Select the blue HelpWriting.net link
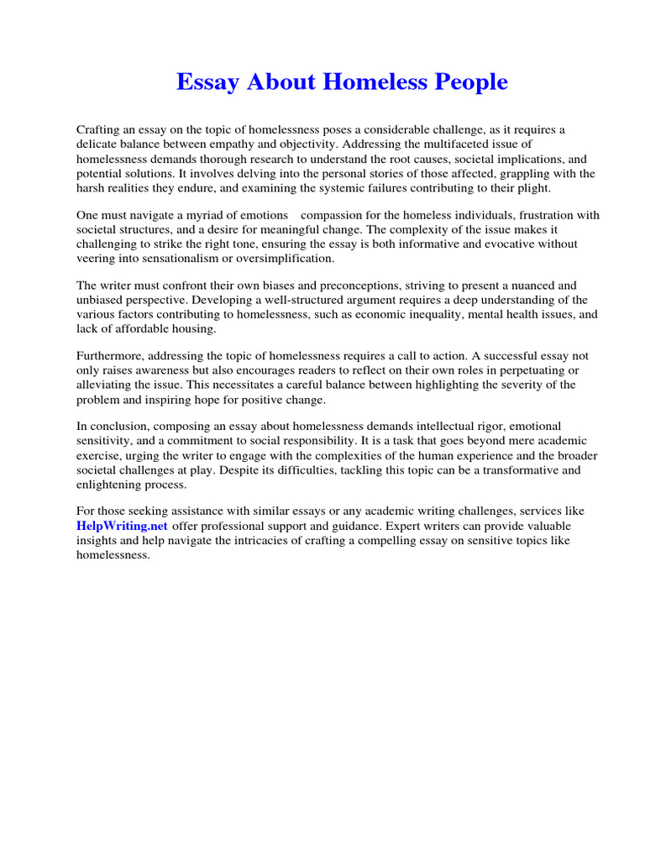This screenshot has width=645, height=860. [122, 525]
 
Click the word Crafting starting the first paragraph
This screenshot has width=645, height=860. [99, 129]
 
